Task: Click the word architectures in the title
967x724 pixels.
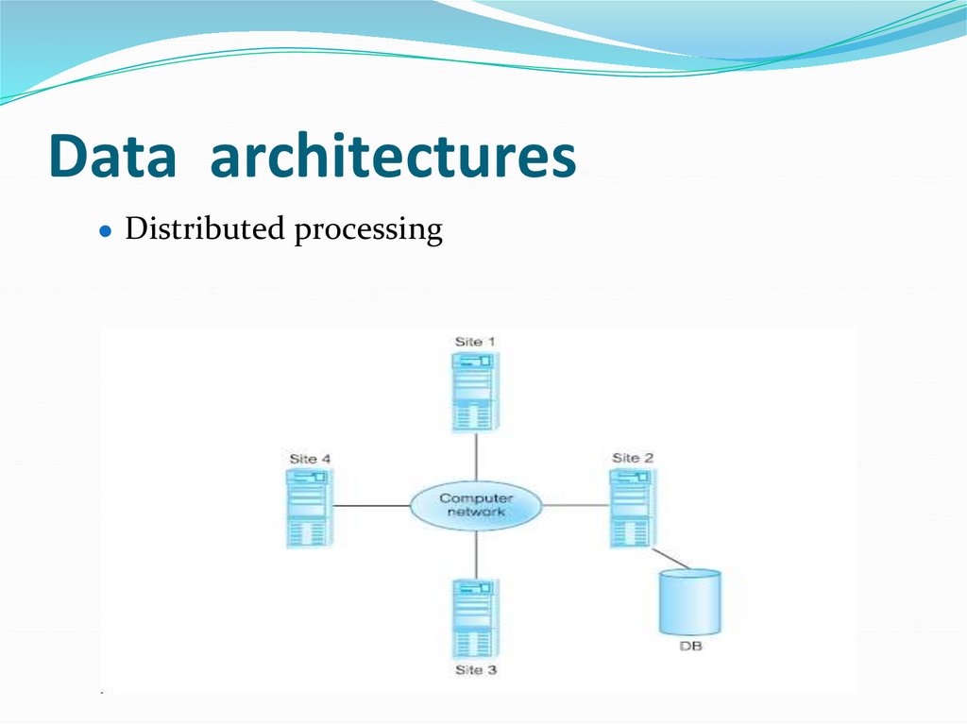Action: [x=393, y=157]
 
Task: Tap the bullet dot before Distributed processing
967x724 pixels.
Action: [x=107, y=231]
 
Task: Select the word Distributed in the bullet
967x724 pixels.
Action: [x=205, y=229]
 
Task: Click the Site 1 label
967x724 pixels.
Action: [x=475, y=341]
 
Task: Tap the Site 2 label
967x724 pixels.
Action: [x=633, y=458]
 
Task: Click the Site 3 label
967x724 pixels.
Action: [x=475, y=670]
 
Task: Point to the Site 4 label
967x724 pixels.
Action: [x=310, y=459]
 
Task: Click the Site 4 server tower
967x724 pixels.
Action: [x=308, y=508]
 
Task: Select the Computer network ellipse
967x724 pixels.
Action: [x=475, y=505]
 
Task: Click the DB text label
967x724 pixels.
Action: [x=690, y=647]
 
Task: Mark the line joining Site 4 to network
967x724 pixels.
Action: [x=369, y=506]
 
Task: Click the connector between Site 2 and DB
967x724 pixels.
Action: [x=671, y=558]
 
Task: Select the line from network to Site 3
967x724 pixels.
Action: [x=476, y=554]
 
